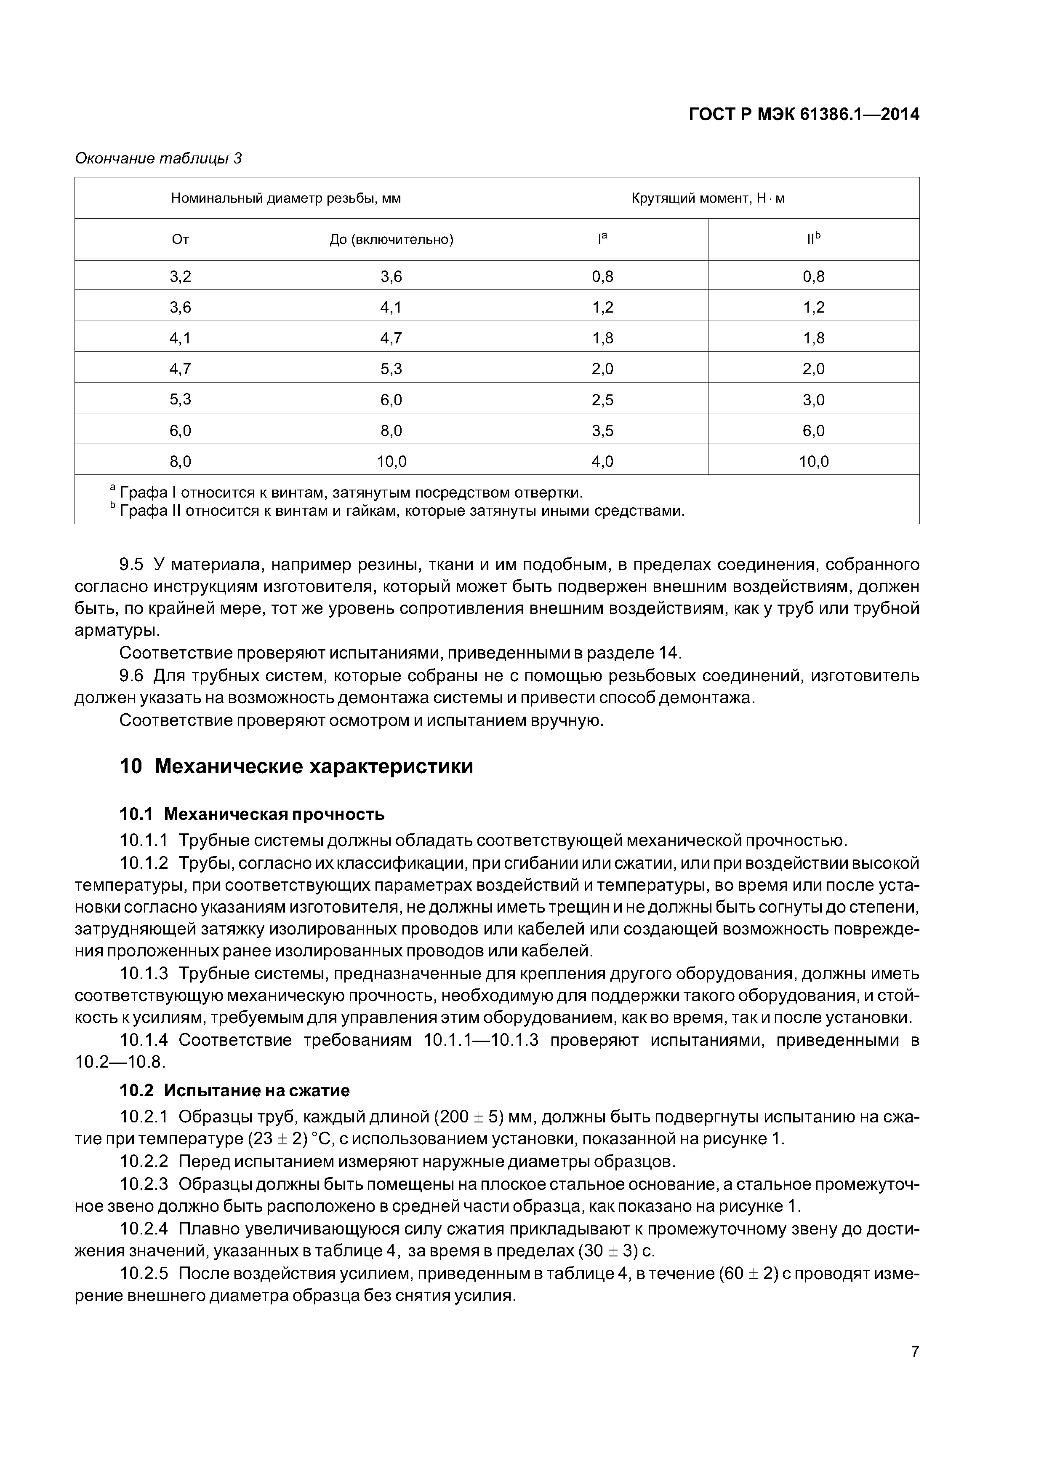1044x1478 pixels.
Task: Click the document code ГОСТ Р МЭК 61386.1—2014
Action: tap(804, 115)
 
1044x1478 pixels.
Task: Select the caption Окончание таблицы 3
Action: tap(158, 158)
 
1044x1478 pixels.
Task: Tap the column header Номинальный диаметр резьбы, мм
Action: tap(285, 198)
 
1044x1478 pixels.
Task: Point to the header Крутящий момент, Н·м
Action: tap(708, 198)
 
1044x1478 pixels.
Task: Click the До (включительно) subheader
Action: tap(391, 239)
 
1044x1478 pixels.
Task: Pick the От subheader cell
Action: tap(180, 239)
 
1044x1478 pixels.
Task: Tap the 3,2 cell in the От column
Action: tap(180, 277)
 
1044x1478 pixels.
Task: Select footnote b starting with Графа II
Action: tap(399, 511)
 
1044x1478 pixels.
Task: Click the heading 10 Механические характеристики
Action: tap(296, 766)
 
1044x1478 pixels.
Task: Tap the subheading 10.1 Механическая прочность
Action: tap(252, 814)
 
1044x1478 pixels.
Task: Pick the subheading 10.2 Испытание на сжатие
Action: tap(235, 1090)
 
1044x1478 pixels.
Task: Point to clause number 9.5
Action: tap(132, 565)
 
